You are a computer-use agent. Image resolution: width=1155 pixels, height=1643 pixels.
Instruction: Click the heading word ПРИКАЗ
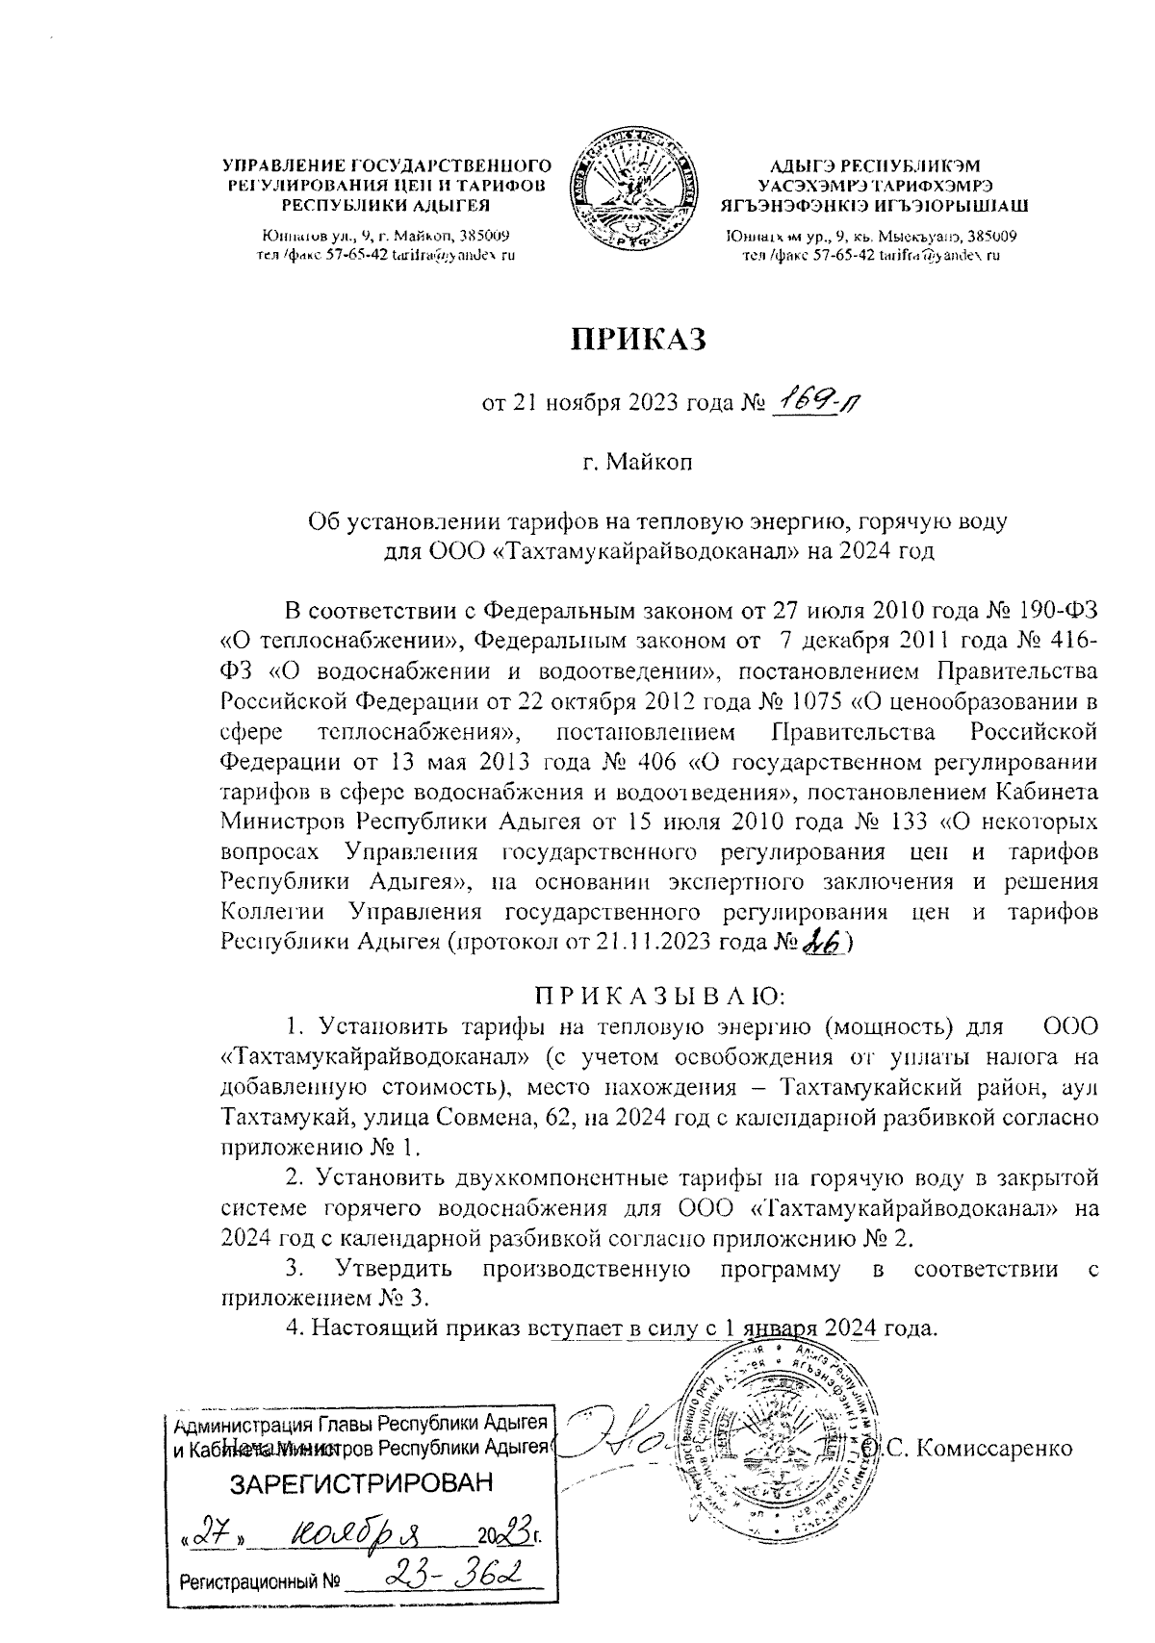pos(641,341)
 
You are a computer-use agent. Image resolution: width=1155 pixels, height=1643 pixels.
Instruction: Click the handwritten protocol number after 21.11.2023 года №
pos(821,945)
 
